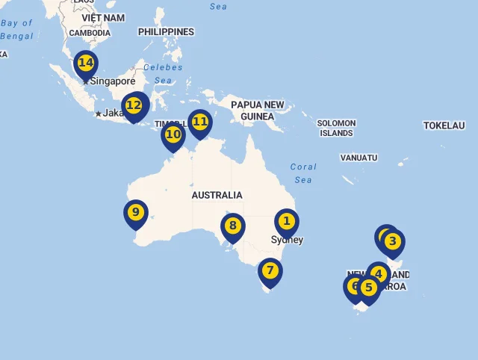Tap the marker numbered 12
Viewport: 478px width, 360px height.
(134, 106)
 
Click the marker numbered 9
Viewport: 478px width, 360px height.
(135, 213)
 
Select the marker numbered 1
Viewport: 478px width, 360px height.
(286, 222)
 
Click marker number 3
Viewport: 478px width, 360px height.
(392, 242)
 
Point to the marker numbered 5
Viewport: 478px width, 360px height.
(368, 288)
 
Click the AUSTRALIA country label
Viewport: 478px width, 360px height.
(217, 195)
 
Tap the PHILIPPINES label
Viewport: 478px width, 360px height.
(166, 32)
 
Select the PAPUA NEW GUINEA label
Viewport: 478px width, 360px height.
(258, 111)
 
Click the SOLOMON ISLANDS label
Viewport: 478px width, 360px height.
(336, 128)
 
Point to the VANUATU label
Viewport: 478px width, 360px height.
(358, 158)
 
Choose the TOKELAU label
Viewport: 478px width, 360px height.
(444, 125)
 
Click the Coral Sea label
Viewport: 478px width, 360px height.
(303, 173)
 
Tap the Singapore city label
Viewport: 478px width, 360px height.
(113, 81)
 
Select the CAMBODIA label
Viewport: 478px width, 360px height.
(90, 33)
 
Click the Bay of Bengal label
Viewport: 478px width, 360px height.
(16, 29)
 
